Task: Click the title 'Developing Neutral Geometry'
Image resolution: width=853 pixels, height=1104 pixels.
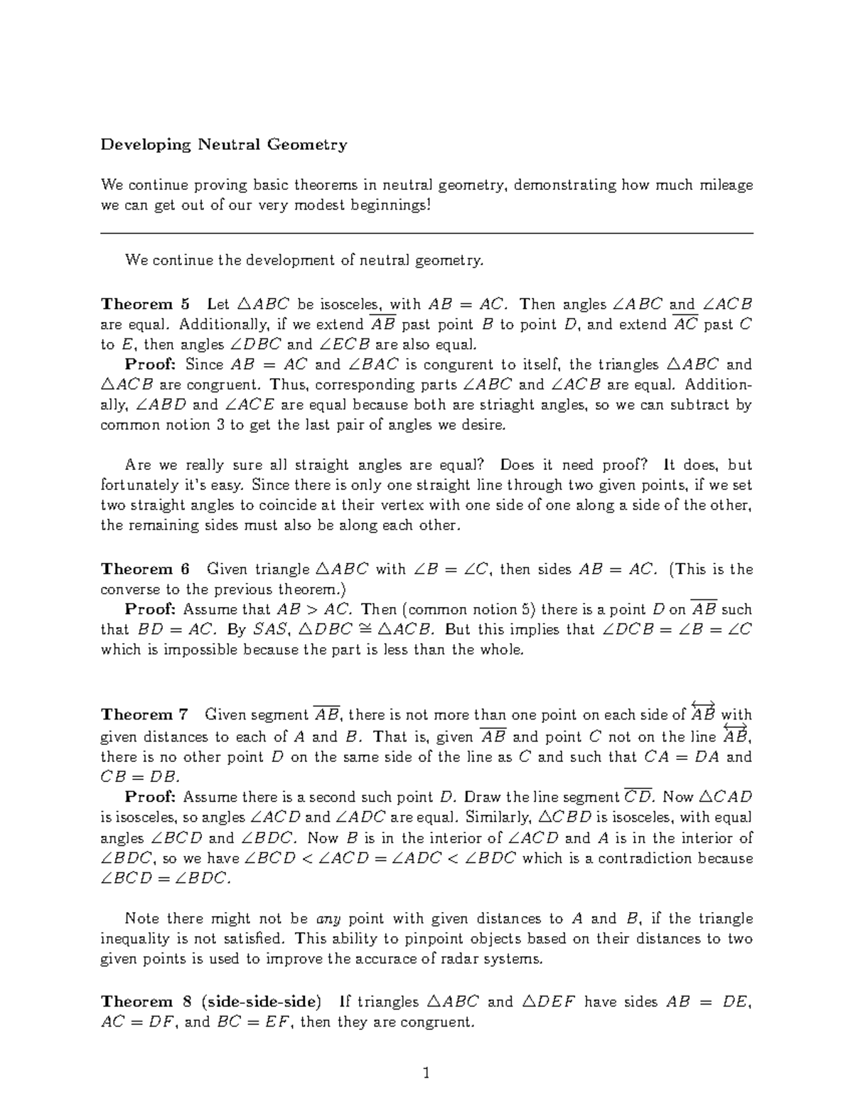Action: coord(223,145)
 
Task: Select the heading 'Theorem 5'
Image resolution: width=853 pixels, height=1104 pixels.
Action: coord(146,304)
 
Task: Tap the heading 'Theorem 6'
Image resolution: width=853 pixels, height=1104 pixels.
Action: coord(146,569)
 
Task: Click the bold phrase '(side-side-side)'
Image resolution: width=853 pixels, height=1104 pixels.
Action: coord(261,1002)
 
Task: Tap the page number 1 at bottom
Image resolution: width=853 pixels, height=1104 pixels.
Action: coord(426,1073)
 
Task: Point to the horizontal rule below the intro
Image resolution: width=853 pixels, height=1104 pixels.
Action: coord(426,233)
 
